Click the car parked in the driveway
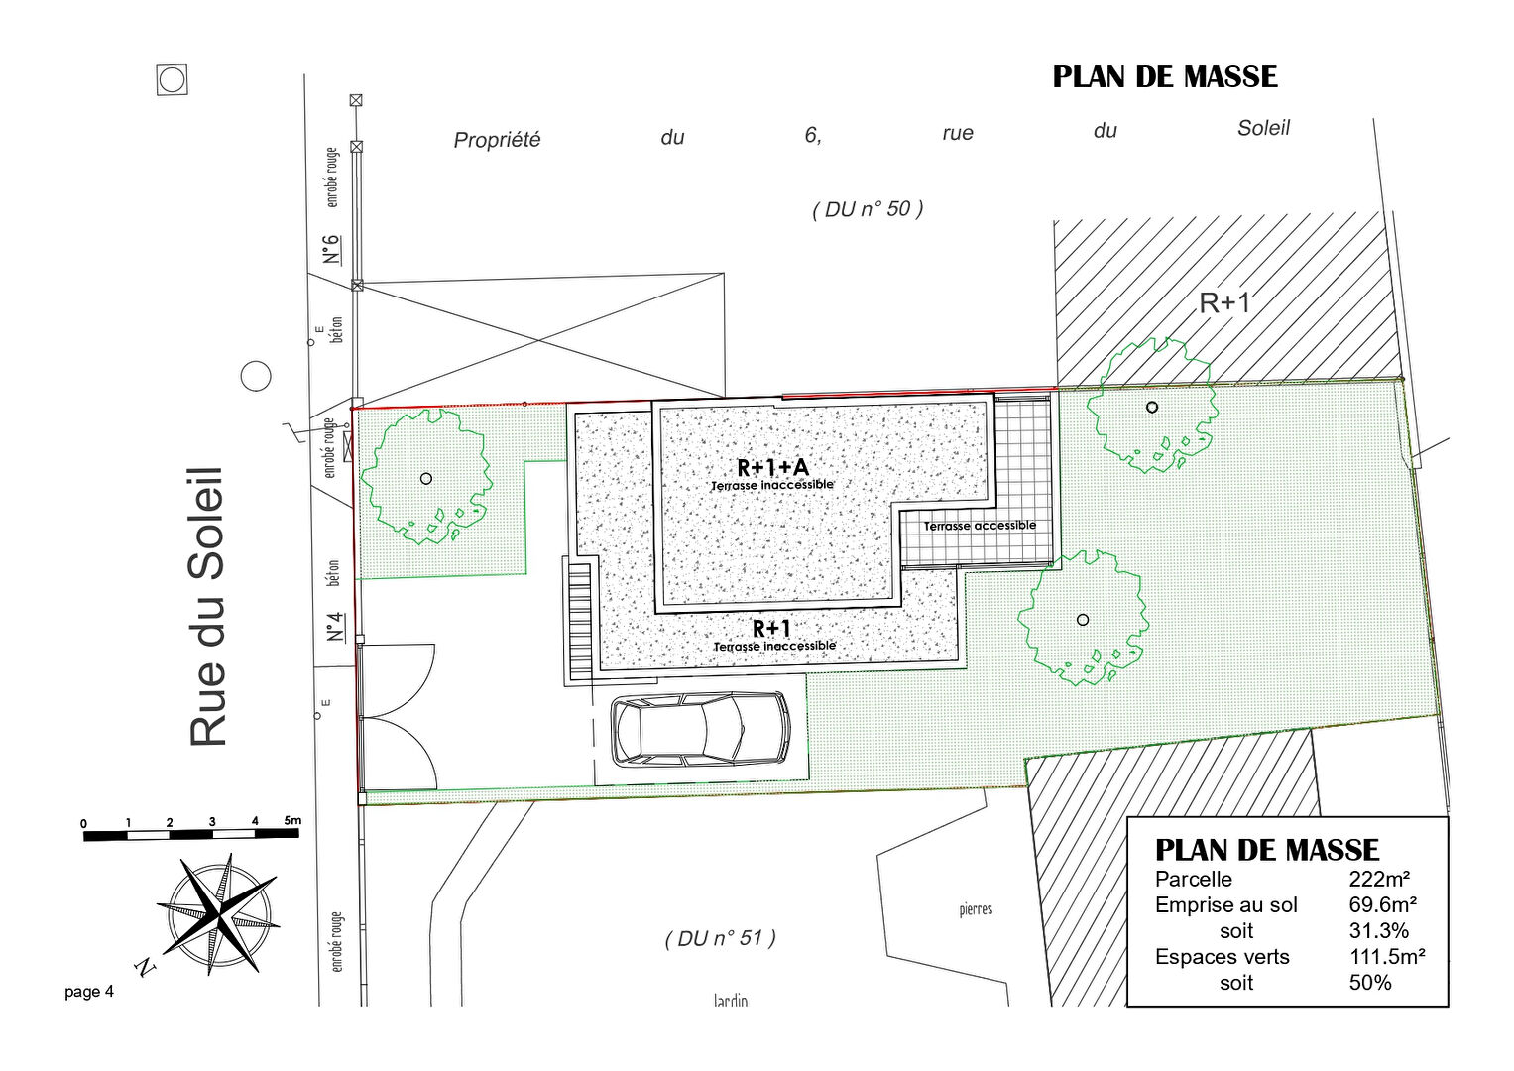pyautogui.click(x=700, y=729)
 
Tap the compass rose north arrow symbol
pyautogui.click(x=218, y=914)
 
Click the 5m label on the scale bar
pyautogui.click(x=292, y=820)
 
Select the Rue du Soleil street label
pyautogui.click(x=206, y=607)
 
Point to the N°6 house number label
pyautogui.click(x=331, y=249)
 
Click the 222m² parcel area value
pyautogui.click(x=1379, y=879)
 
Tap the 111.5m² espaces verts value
pyautogui.click(x=1388, y=957)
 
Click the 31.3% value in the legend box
pyautogui.click(x=1379, y=931)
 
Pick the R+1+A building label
pyautogui.click(x=771, y=467)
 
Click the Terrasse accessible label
pyautogui.click(x=980, y=526)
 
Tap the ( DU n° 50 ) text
pyautogui.click(x=868, y=209)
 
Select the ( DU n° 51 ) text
pyautogui.click(x=721, y=938)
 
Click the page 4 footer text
pyautogui.click(x=89, y=992)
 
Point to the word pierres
pyautogui.click(x=976, y=910)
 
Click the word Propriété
pyautogui.click(x=497, y=140)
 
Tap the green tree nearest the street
pyautogui.click(x=425, y=477)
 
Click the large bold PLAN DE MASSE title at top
pyautogui.click(x=1165, y=77)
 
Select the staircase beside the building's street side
pyautogui.click(x=580, y=622)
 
